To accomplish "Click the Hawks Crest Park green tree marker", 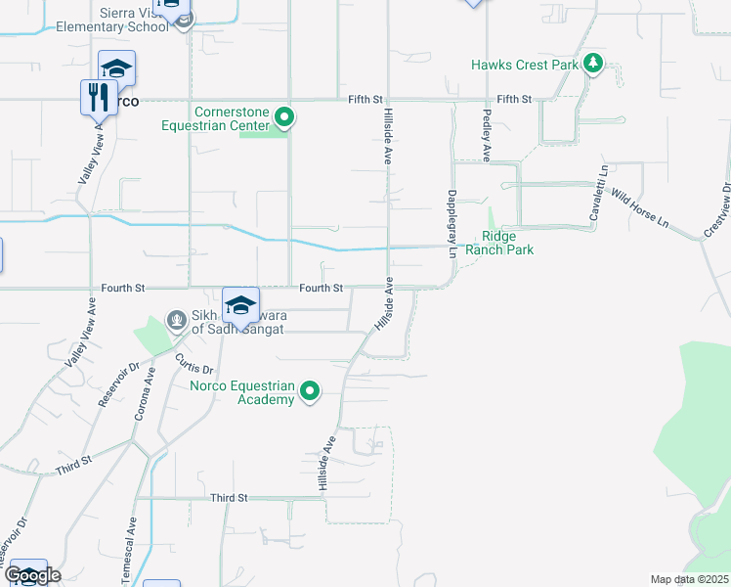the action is [x=592, y=65].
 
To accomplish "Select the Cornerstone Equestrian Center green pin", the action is [x=284, y=119].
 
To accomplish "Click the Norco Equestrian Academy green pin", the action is [x=310, y=392].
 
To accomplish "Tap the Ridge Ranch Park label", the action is [x=506, y=244].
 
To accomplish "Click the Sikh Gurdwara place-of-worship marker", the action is [x=176, y=319].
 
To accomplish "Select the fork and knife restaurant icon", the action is [x=98, y=98].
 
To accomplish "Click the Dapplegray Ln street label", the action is [x=452, y=223].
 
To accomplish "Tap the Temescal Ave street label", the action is [x=129, y=545].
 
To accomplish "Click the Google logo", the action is [x=32, y=575].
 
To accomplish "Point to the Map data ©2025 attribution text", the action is [x=689, y=579].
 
